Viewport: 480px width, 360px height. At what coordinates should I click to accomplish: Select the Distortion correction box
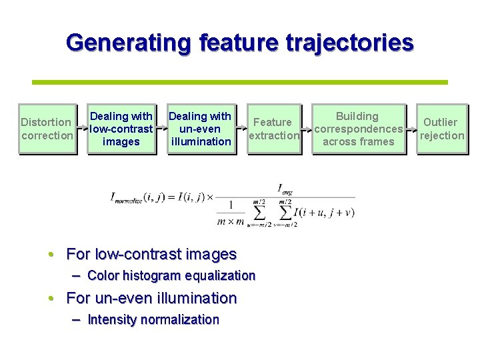[47, 129]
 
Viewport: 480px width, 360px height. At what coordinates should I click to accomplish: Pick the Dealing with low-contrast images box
[121, 129]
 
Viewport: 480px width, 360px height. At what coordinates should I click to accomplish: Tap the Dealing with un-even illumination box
[201, 129]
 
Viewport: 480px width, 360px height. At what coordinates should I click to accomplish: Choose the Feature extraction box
[273, 129]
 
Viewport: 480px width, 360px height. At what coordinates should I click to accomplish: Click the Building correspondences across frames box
[358, 129]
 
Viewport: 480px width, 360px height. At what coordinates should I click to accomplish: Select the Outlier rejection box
[441, 129]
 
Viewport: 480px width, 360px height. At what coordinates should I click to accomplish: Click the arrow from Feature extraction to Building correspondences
[307, 129]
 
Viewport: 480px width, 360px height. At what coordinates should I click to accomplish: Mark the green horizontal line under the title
[240, 82]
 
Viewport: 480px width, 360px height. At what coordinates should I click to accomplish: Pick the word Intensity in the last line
[111, 319]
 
